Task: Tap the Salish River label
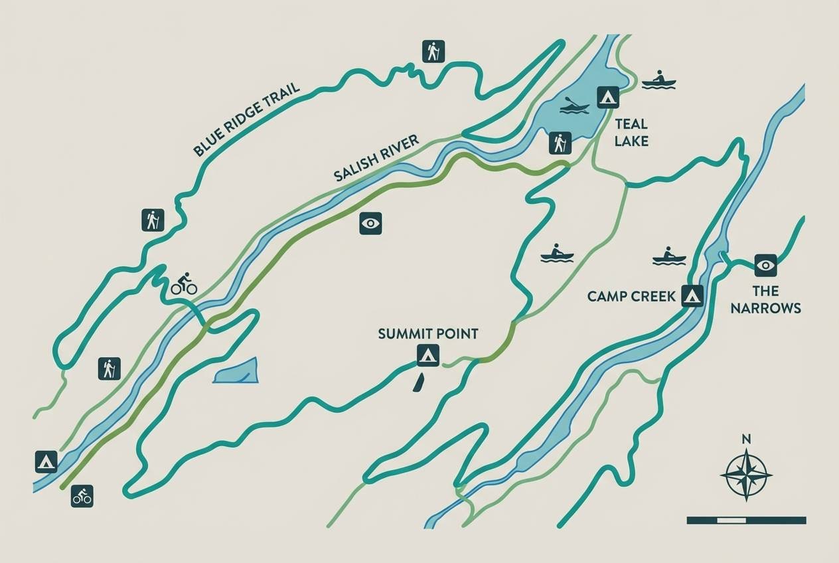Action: [376, 158]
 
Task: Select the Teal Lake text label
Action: [631, 132]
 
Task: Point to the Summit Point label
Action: [428, 334]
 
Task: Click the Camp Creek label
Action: [631, 296]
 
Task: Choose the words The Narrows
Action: [765, 299]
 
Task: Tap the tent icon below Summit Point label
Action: [428, 356]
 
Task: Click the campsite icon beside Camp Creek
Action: [692, 295]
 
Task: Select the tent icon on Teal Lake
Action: [607, 98]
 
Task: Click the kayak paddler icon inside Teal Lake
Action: [574, 106]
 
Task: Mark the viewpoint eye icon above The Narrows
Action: [765, 266]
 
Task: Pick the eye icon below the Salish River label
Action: [370, 224]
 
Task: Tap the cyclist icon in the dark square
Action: [82, 496]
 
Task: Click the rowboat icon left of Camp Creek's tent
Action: [668, 256]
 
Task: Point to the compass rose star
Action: [746, 475]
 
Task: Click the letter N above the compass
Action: [746, 439]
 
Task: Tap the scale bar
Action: [746, 521]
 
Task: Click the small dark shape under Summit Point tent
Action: [418, 382]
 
